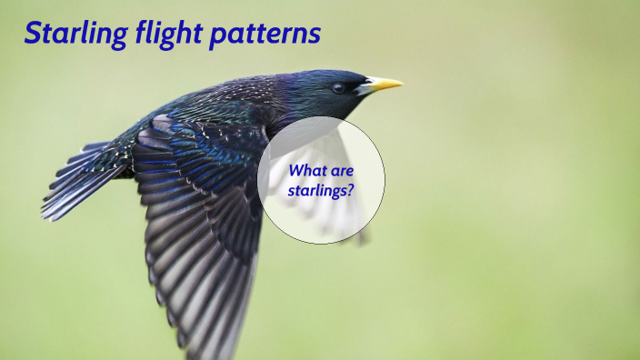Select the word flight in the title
point(165,34)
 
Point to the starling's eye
point(338,87)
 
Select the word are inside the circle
point(343,170)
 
